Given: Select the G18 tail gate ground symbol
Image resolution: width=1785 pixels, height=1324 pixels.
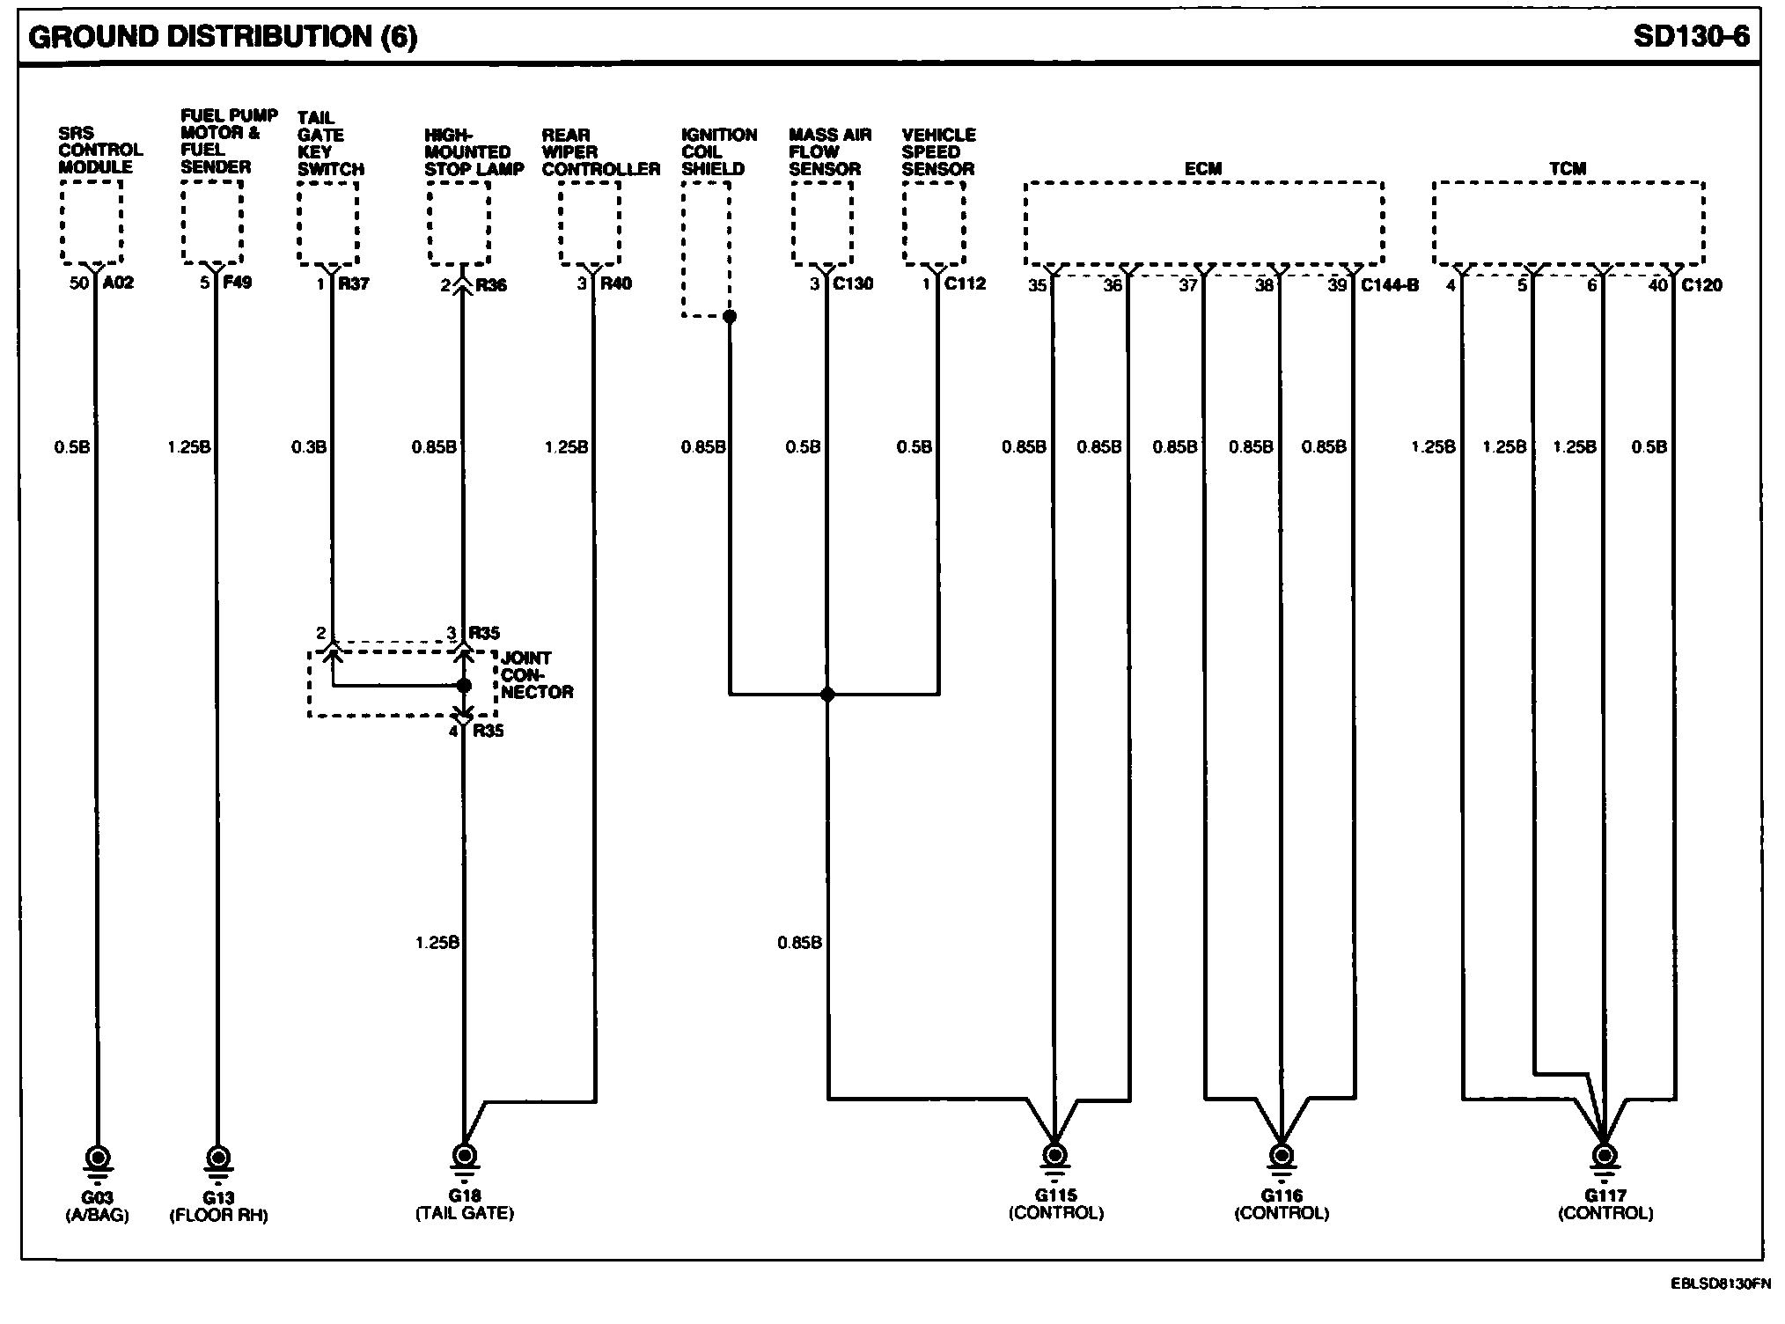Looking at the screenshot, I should tap(464, 1154).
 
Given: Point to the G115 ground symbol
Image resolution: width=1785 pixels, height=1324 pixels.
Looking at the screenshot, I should tap(1054, 1154).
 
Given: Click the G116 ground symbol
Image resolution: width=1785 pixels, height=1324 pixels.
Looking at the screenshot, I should tap(1281, 1154).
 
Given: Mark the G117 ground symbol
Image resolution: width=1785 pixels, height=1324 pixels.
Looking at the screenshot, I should tap(1605, 1154).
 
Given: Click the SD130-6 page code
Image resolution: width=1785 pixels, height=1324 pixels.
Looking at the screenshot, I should tap(1691, 37).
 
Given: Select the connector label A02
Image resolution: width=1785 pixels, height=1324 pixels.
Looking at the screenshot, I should tap(118, 283).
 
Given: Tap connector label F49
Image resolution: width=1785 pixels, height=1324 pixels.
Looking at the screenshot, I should tap(238, 283).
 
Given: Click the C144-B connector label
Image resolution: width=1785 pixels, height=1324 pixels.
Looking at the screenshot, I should tap(1390, 285).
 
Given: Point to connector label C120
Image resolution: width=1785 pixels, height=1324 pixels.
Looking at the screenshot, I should tap(1701, 285).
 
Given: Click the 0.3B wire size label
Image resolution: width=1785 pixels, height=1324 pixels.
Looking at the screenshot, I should tap(309, 447).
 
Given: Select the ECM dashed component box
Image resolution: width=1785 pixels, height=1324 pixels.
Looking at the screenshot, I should tap(1203, 223).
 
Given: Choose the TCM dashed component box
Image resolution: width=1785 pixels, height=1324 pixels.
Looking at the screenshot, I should tap(1568, 223).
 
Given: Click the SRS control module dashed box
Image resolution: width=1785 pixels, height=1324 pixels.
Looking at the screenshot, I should tap(92, 222).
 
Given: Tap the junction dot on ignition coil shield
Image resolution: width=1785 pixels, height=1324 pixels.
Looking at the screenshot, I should tap(729, 316).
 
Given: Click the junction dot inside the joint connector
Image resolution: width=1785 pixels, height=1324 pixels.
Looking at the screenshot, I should tap(464, 686).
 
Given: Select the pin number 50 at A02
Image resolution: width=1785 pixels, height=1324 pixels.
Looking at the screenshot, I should tap(79, 283).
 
